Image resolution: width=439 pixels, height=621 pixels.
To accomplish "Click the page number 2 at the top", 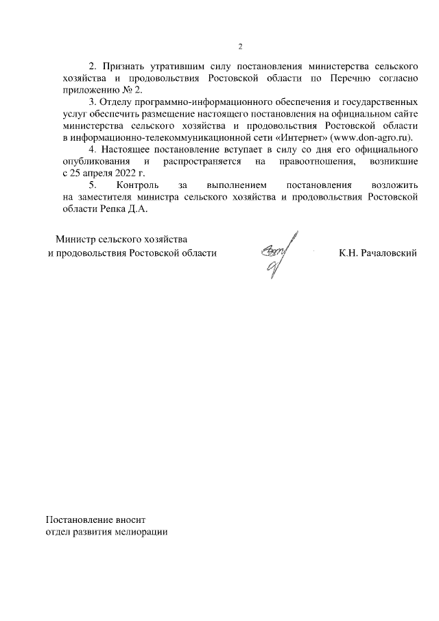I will [240, 46].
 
